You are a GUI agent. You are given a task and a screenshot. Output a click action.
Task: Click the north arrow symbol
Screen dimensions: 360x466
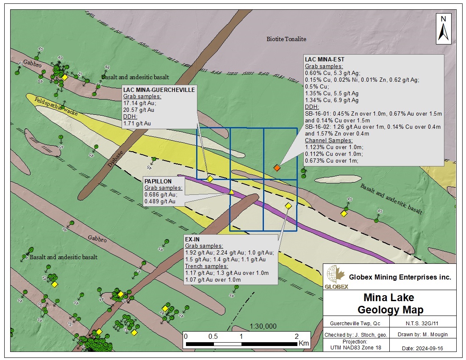click(443, 29)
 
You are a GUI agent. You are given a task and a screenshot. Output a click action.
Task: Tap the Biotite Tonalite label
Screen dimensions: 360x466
click(286, 39)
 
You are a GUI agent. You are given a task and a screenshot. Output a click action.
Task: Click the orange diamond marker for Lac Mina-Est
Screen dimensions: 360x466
click(277, 168)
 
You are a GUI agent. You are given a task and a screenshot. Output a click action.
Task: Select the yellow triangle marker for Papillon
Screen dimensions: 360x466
click(231, 192)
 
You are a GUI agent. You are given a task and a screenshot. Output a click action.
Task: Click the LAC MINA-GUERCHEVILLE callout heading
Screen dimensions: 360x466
click(159, 90)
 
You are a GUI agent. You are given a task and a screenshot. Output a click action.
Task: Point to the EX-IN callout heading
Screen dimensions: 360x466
click(192, 239)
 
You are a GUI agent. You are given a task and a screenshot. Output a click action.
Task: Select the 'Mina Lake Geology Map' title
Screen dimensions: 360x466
click(389, 303)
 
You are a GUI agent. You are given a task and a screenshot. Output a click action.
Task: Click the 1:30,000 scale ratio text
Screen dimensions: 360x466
click(263, 326)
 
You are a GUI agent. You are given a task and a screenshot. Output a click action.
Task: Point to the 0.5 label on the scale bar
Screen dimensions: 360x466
click(213, 336)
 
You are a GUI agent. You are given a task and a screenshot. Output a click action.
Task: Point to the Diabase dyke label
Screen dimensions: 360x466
click(116, 159)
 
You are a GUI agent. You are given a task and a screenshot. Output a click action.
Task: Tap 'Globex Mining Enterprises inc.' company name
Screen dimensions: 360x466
click(400, 277)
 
